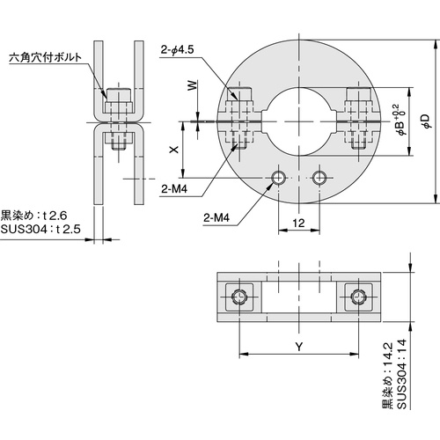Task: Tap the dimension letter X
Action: point(173,150)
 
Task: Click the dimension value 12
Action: point(299,224)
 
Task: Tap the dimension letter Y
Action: point(298,346)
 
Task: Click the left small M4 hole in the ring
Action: point(279,179)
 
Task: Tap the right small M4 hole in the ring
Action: point(319,179)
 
